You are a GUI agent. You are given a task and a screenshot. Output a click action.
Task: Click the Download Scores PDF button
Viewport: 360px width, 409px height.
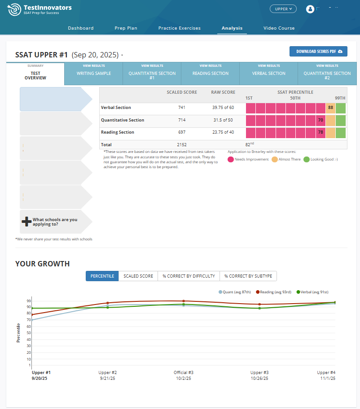(318, 52)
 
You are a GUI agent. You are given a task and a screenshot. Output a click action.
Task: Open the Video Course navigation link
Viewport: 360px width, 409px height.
(279, 28)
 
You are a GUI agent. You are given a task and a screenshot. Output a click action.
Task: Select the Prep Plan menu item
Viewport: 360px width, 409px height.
(126, 28)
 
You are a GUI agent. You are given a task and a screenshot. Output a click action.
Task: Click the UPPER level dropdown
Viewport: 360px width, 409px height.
(283, 9)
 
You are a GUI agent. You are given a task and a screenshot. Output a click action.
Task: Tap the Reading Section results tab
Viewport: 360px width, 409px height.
(210, 74)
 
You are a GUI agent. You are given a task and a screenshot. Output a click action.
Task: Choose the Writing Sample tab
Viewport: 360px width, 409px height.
(93, 74)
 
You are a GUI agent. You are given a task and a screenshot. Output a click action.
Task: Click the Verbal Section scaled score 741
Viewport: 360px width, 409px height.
(181, 108)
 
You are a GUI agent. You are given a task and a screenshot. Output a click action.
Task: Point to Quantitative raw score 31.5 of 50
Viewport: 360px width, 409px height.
(223, 120)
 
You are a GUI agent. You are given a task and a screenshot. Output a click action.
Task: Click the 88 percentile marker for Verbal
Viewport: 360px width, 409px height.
(330, 108)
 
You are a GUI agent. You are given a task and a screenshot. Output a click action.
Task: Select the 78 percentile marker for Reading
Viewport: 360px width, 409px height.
(320, 132)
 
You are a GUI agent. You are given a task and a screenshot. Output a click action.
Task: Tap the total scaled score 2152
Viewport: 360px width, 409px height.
(181, 145)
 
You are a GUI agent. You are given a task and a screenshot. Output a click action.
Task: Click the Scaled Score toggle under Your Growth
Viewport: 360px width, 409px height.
(138, 276)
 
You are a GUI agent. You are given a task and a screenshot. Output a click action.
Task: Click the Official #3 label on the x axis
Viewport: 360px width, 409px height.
(184, 373)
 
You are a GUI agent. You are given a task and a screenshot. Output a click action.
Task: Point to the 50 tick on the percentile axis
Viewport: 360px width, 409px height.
(29, 333)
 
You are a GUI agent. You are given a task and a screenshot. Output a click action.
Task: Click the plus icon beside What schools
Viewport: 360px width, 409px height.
(26, 222)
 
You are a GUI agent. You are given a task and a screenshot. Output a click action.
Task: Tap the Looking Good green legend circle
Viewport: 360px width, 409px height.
(307, 159)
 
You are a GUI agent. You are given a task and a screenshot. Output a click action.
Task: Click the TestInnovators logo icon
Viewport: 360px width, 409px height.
(14, 9)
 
